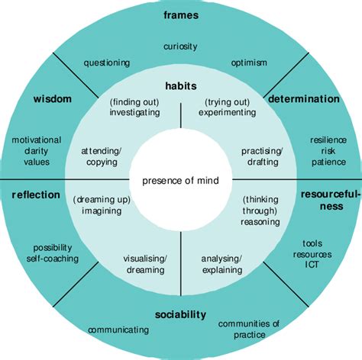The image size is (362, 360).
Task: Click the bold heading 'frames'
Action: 181,14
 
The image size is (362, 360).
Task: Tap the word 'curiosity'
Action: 181,47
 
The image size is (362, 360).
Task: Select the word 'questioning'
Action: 107,63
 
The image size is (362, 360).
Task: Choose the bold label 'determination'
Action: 303,99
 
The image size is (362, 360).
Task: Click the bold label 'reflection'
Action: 36,194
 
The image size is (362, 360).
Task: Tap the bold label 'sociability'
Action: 180,314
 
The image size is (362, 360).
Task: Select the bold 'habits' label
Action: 181,86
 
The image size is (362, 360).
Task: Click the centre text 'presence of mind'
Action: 180,181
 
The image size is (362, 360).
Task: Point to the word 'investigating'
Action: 134,112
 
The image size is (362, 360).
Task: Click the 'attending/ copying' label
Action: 99,156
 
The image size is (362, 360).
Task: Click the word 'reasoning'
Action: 259,222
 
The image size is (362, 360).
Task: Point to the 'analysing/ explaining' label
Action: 221,264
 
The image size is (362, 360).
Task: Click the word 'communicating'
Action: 118,329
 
